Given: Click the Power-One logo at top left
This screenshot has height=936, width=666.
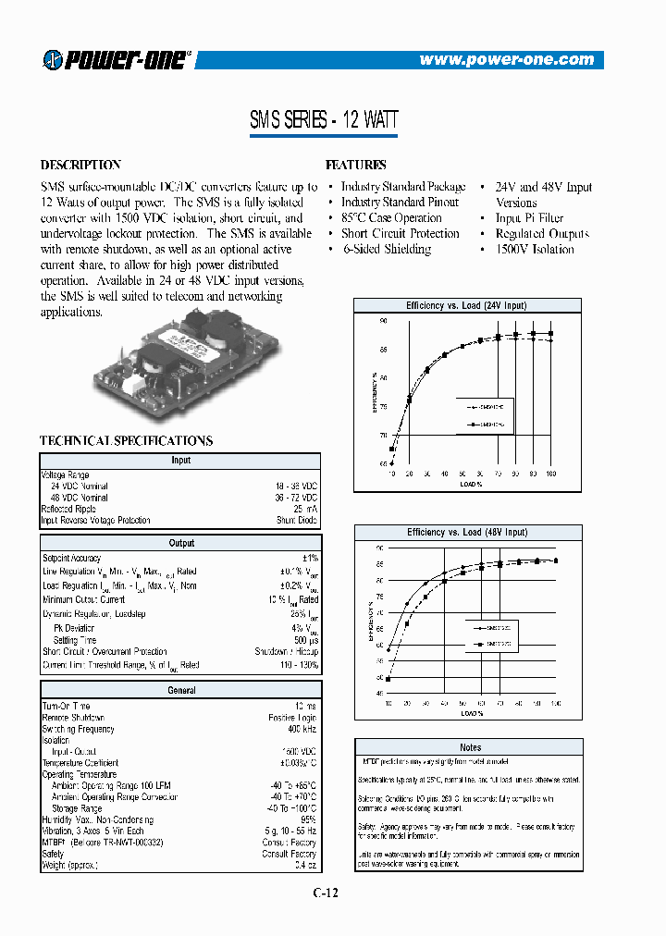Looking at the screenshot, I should click(x=117, y=59).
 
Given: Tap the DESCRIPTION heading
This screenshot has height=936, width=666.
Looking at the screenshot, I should click(x=80, y=166).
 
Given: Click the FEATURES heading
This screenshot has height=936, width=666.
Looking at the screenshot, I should click(x=356, y=166).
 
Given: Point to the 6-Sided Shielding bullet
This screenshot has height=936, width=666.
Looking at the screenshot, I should click(x=385, y=250).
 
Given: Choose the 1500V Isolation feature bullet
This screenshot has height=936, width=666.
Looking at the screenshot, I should click(x=535, y=250).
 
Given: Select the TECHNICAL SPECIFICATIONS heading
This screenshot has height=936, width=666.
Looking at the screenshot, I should click(x=126, y=441).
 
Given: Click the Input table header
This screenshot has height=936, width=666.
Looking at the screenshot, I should click(x=180, y=460).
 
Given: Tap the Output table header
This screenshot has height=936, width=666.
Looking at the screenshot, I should click(x=180, y=544).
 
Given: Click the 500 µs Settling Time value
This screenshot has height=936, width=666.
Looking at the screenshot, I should click(x=305, y=640).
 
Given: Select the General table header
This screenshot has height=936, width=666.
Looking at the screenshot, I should click(x=180, y=690).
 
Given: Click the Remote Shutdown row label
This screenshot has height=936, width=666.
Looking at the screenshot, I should click(x=73, y=718).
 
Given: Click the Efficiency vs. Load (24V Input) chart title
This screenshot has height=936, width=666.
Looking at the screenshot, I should click(x=466, y=305).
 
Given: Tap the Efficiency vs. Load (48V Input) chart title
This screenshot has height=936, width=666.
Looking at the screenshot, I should click(x=466, y=533).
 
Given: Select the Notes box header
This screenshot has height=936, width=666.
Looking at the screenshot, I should click(x=470, y=747).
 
